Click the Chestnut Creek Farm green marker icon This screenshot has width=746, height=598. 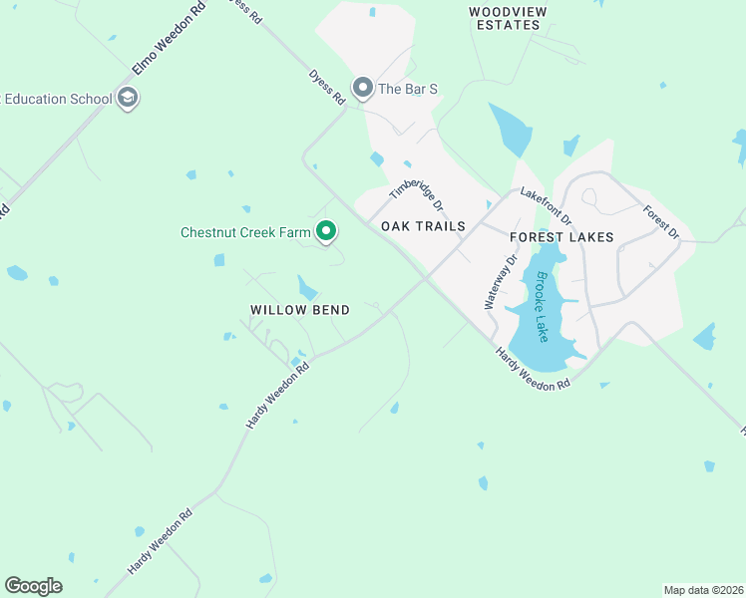pyautogui.click(x=326, y=232)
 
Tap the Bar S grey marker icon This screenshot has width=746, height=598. pyautogui.click(x=362, y=89)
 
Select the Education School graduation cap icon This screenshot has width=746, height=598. pyautogui.click(x=127, y=98)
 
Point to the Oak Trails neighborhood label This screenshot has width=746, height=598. pyautogui.click(x=423, y=226)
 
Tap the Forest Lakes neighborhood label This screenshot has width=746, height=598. pyautogui.click(x=561, y=237)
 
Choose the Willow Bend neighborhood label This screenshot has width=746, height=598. pyautogui.click(x=299, y=310)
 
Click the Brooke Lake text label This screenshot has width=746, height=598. pyautogui.click(x=542, y=307)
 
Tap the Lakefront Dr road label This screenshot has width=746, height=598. pyautogui.click(x=548, y=206)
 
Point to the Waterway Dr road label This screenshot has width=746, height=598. pyautogui.click(x=502, y=282)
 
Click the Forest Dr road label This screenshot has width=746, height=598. pyautogui.click(x=660, y=221)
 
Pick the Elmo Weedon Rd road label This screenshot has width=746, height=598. pyautogui.click(x=169, y=40)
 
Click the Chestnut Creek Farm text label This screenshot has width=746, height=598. pyautogui.click(x=246, y=232)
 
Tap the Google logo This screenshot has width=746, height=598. pyautogui.click(x=33, y=586)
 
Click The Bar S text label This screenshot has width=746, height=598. pyautogui.click(x=409, y=89)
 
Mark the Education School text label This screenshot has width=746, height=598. pyautogui.click(x=56, y=99)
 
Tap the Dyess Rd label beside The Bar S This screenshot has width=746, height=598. pyautogui.click(x=326, y=85)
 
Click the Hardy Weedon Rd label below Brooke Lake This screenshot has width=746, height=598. pyautogui.click(x=533, y=368)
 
